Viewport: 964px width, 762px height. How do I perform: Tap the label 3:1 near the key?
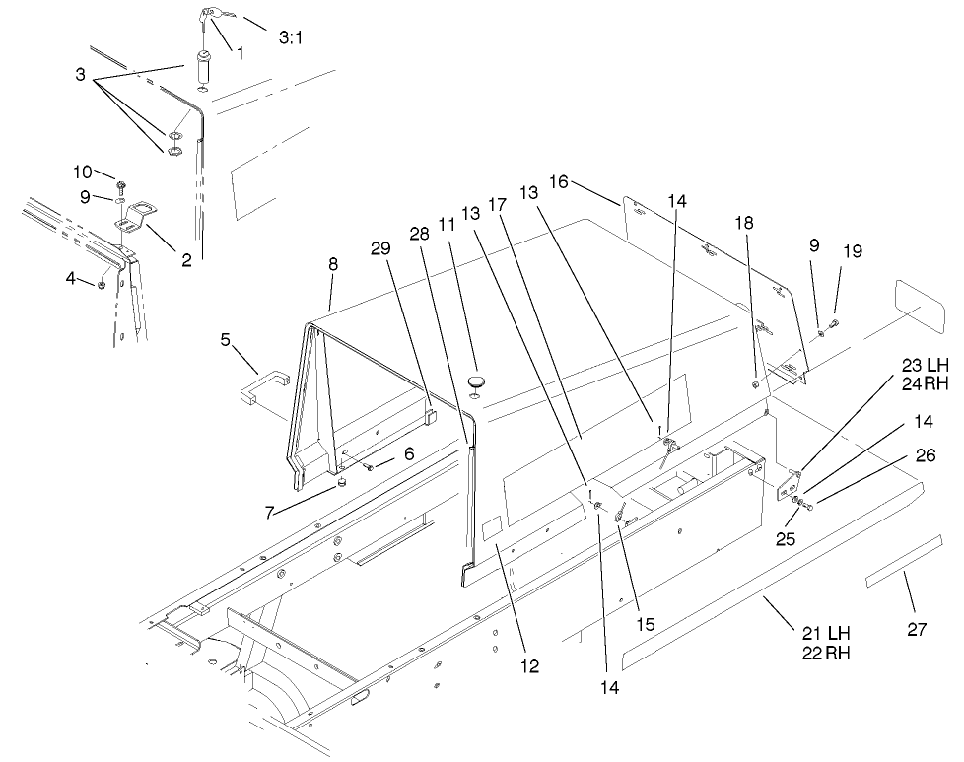point(291,38)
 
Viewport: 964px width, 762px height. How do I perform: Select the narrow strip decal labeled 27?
point(896,575)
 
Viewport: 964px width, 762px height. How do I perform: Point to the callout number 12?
point(530,666)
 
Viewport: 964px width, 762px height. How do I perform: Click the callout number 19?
point(852,251)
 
